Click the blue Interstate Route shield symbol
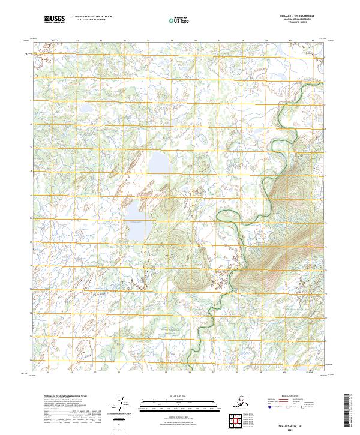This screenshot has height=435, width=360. click(x=268, y=407)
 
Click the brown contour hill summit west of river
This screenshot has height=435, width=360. click(x=191, y=281)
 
